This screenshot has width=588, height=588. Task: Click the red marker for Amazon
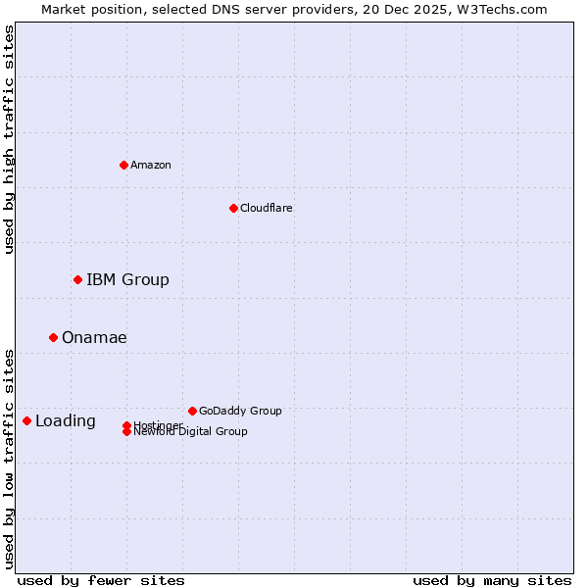[x=123, y=165]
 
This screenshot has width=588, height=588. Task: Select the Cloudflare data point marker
[x=233, y=208]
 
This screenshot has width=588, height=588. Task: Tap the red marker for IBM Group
[x=77, y=279]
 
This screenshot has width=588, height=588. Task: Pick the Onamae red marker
[x=53, y=337]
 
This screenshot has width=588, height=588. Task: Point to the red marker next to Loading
[x=26, y=420]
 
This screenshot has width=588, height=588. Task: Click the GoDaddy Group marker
[x=192, y=411]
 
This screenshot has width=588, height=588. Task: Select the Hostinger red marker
[x=126, y=425]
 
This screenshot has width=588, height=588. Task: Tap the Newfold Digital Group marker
[x=126, y=432]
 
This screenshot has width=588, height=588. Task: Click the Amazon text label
[x=151, y=165]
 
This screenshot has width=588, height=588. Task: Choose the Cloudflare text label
[x=267, y=208]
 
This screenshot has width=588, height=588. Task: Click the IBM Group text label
[x=127, y=280]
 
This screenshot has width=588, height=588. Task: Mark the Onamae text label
[x=94, y=338]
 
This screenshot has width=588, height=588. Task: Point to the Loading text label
[x=66, y=421]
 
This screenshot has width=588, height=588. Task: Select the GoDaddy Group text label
[x=240, y=412]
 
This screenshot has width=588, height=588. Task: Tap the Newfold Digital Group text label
[x=191, y=432]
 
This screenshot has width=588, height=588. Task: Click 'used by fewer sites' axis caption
[x=101, y=581]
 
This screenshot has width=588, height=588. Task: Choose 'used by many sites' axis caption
[x=492, y=581]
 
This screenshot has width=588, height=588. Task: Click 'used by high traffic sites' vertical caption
[x=10, y=139]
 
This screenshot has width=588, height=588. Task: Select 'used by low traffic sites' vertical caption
[x=10, y=459]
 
